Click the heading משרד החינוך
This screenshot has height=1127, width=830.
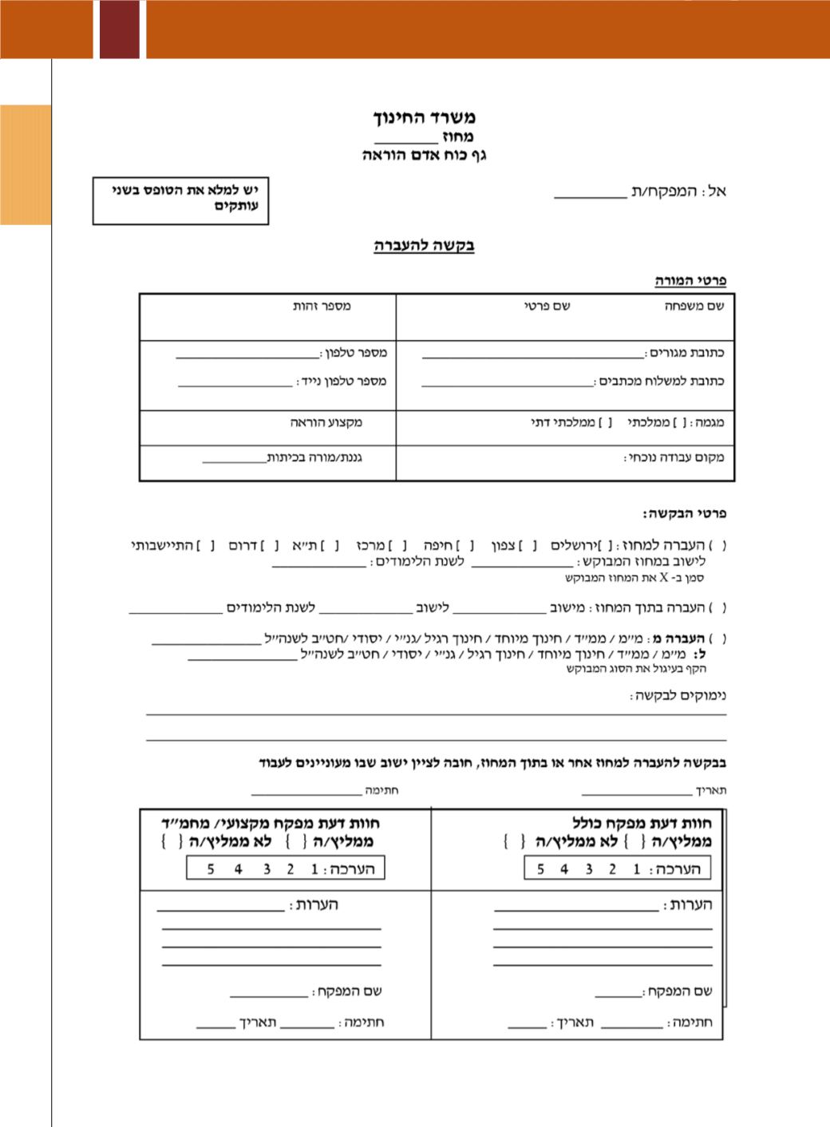click(x=425, y=118)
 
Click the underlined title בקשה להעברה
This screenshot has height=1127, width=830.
click(x=424, y=245)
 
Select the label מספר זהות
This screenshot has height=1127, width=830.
click(x=322, y=306)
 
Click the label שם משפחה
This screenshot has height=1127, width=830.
click(x=694, y=306)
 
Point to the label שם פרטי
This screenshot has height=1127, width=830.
click(x=547, y=306)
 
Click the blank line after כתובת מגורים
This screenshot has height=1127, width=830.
click(x=532, y=357)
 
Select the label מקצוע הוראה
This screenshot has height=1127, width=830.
click(x=326, y=422)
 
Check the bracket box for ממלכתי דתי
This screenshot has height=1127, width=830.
click(x=605, y=422)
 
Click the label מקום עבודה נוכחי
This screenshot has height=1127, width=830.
click(x=674, y=458)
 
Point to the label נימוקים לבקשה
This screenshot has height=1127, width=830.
click(x=678, y=696)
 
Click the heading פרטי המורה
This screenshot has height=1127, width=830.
click(x=690, y=281)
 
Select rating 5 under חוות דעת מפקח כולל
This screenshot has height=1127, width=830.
click(x=540, y=869)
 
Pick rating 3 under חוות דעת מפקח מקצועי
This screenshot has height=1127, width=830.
click(x=266, y=869)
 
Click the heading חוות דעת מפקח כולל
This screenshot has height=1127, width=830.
click(x=642, y=823)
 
